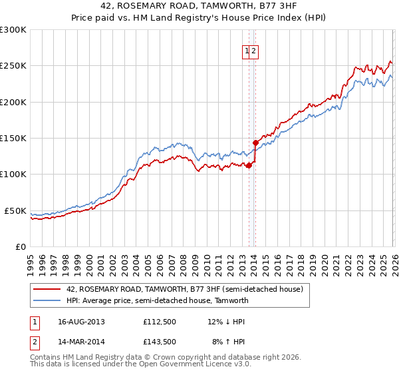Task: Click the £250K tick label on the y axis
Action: [x=13, y=66]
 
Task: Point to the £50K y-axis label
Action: [x=15, y=210]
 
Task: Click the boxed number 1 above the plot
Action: [x=247, y=50]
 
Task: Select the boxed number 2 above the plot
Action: [x=254, y=50]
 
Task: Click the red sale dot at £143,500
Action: [x=255, y=143]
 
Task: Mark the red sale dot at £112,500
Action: [x=249, y=165]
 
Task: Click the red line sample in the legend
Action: [x=47, y=290]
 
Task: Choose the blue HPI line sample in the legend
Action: [x=47, y=300]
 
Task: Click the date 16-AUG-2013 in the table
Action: [x=81, y=322]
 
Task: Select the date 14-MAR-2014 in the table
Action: [x=81, y=342]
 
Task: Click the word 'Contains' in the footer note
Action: [x=47, y=357]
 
